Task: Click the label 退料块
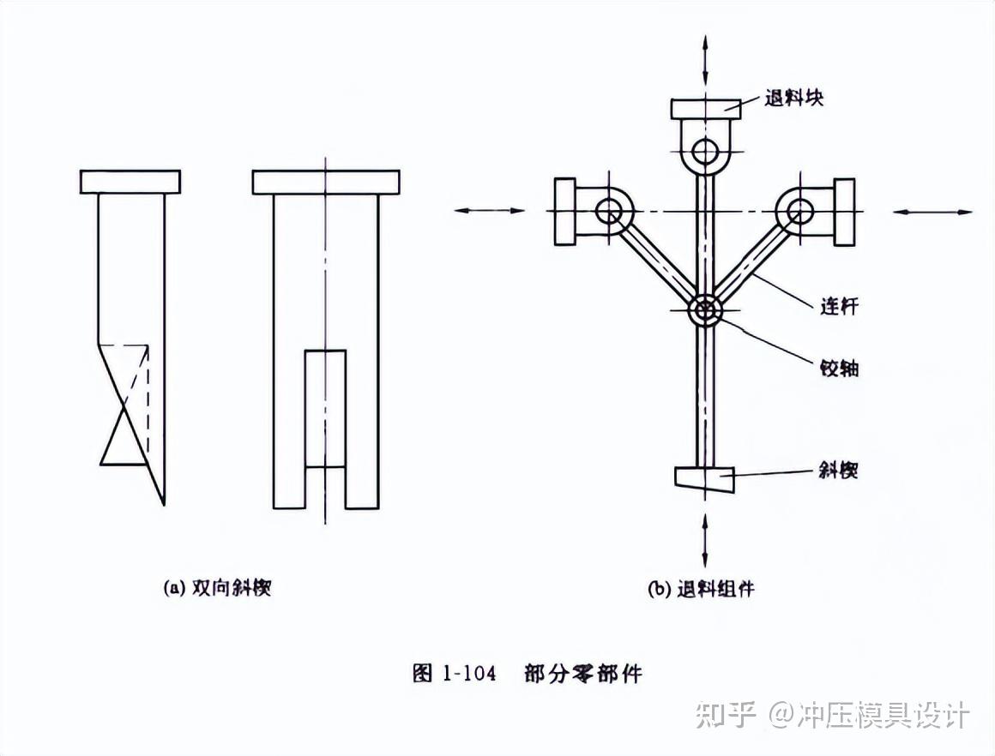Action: pos(794,97)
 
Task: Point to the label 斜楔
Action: pos(839,470)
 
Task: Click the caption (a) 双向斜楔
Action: pos(217,588)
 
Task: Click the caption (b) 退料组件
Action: pos(702,589)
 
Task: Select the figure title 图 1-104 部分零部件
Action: pos(527,673)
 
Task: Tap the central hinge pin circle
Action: pos(705,310)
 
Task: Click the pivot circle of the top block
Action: pos(705,152)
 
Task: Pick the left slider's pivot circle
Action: pos(609,210)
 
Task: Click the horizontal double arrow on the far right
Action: pos(933,211)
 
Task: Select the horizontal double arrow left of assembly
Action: pos(489,210)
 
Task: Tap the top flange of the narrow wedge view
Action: pos(130,182)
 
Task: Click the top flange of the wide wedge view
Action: pos(326,182)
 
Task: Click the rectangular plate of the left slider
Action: pos(564,211)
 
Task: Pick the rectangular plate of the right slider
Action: pos(845,211)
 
